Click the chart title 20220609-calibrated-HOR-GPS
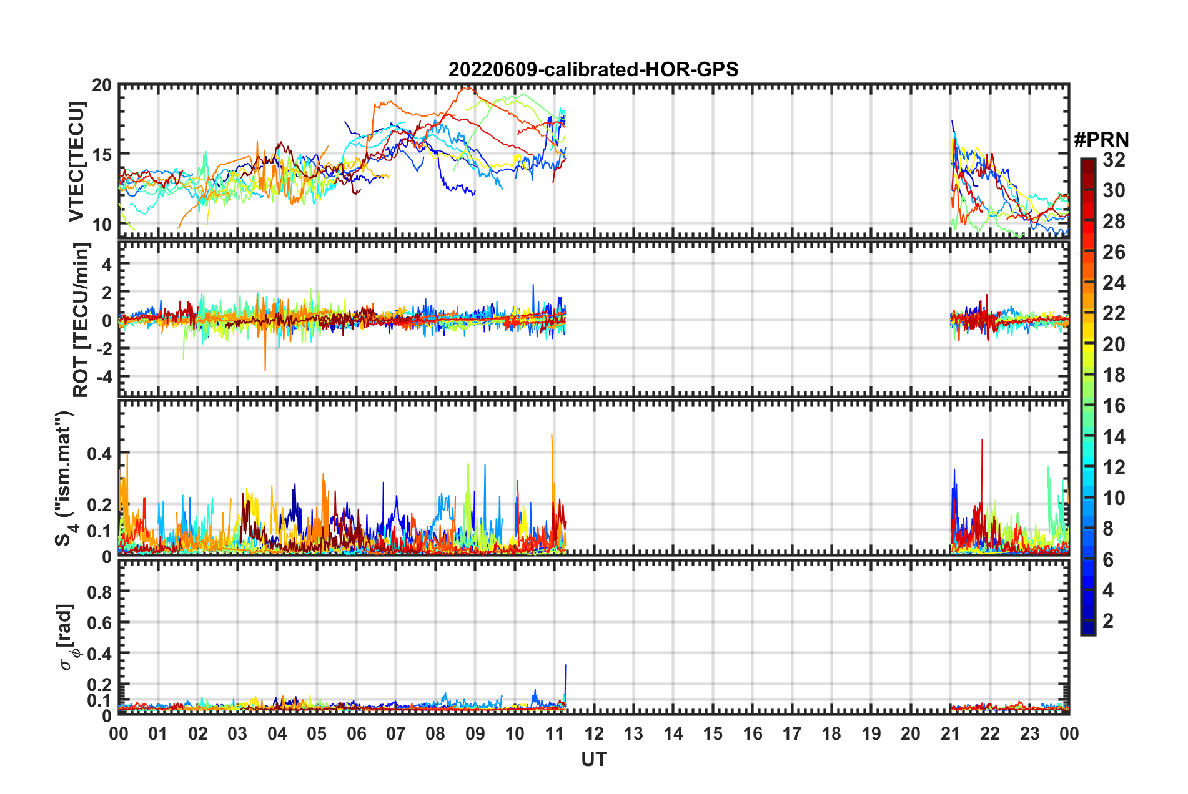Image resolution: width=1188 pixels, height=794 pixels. [x=593, y=69]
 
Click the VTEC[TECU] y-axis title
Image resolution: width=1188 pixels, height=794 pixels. [x=76, y=161]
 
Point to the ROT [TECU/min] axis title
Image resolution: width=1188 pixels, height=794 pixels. [x=81, y=320]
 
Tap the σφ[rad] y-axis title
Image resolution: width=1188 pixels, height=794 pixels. [x=66, y=637]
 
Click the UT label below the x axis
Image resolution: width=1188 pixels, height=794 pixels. [x=593, y=759]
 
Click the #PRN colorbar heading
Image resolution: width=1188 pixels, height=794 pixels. [x=1101, y=140]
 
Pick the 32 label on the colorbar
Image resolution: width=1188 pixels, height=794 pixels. [x=1114, y=160]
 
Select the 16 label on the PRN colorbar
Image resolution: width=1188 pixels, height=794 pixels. [x=1114, y=406]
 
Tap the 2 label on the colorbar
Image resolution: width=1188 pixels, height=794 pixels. [x=1108, y=620]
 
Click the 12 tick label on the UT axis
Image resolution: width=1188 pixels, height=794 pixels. [x=594, y=733]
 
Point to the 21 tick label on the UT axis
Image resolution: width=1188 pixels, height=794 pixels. [x=950, y=733]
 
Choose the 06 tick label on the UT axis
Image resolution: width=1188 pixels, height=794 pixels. [x=356, y=733]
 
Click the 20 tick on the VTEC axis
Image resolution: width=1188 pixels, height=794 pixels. [x=102, y=86]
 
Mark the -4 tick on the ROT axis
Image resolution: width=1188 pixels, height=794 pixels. [x=102, y=377]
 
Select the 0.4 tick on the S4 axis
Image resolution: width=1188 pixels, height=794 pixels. [x=99, y=453]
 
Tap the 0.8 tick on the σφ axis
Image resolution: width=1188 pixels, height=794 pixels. [x=99, y=592]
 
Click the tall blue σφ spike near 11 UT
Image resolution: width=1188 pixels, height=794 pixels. [x=565, y=667]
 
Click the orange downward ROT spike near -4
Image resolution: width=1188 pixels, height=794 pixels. [x=265, y=368]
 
